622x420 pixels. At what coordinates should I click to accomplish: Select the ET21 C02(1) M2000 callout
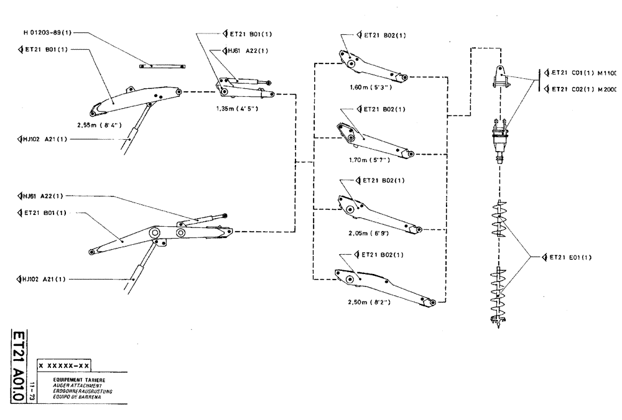(581, 89)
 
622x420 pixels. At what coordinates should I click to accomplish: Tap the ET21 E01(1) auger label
(568, 256)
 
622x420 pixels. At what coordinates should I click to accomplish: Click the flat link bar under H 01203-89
(162, 66)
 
